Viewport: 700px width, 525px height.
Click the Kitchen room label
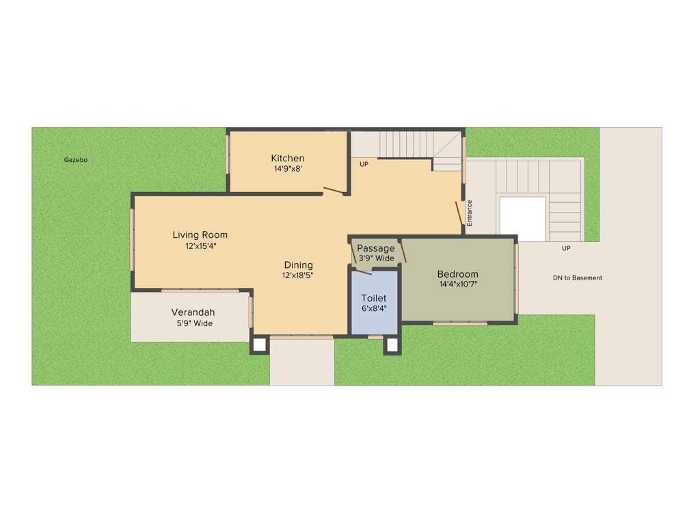287,159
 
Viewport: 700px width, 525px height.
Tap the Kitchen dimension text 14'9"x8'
287,170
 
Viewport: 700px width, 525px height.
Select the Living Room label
200,235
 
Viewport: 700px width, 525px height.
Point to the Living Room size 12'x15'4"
200,246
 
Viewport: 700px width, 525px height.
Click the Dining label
298,265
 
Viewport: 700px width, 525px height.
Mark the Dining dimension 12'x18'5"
298,275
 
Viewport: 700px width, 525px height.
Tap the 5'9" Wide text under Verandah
194,323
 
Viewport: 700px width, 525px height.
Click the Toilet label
374,298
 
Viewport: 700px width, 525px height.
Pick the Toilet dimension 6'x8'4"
374,309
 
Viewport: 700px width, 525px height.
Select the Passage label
376,248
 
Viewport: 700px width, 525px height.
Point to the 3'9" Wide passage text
376,258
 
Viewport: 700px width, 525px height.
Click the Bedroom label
457,274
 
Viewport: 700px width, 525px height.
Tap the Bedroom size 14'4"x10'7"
457,284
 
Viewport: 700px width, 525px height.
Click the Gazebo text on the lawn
76,160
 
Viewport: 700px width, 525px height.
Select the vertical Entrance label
470,213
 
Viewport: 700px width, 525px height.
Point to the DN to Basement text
578,278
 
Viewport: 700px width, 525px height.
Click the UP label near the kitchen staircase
364,164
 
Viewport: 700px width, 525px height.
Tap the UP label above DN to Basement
566,248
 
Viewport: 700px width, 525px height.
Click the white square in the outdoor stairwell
522,219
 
